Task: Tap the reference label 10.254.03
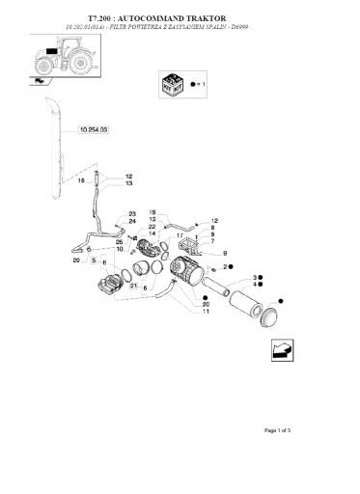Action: pos(94,127)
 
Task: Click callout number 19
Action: pos(152,211)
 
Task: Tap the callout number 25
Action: pos(119,241)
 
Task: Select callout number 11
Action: pos(206,311)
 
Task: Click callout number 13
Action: pos(128,183)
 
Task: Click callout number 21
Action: pos(131,287)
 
